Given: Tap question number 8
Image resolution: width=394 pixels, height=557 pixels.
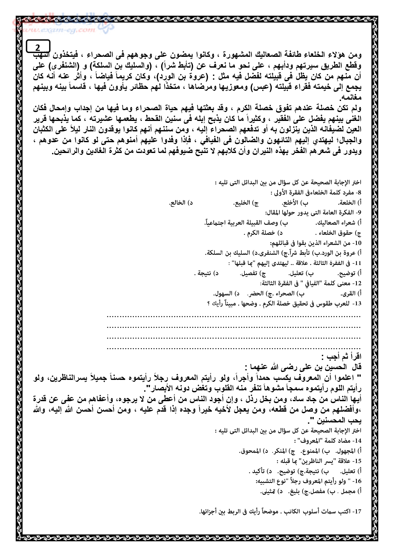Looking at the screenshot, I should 358,193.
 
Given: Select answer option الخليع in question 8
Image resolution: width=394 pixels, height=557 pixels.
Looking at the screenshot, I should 243,203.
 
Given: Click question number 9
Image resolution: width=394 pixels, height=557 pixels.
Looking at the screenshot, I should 358,212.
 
